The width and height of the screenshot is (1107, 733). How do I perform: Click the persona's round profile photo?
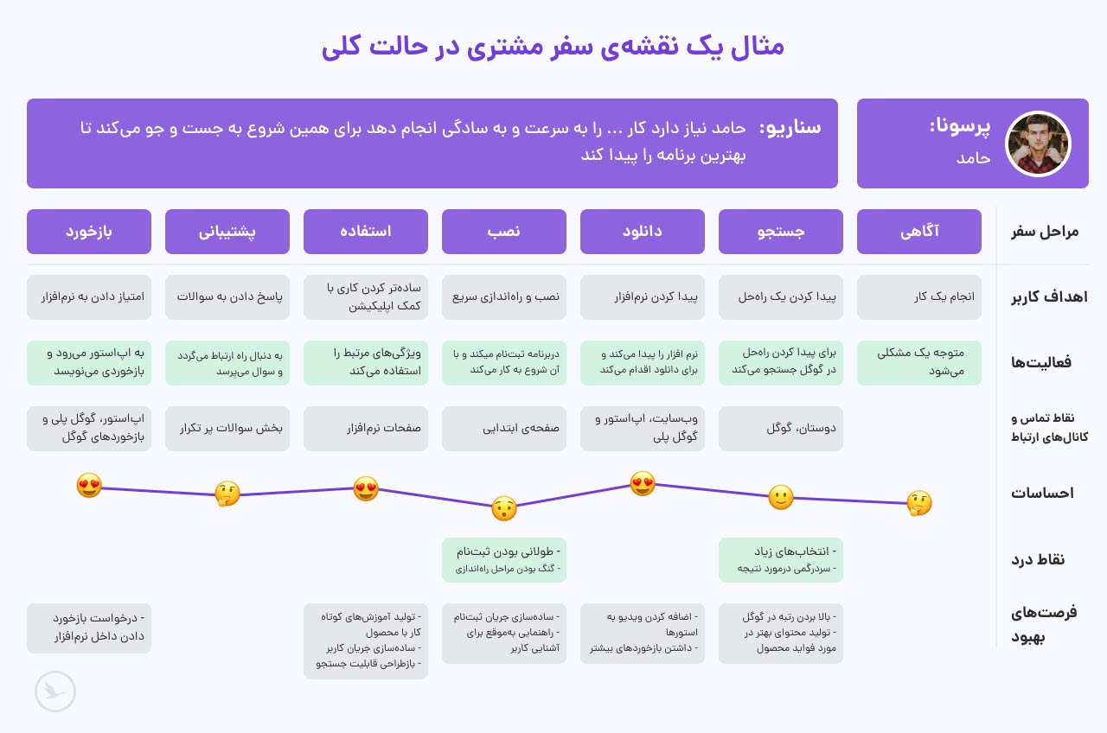pyautogui.click(x=1038, y=143)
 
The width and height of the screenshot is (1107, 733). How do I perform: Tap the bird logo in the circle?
pyautogui.click(x=55, y=692)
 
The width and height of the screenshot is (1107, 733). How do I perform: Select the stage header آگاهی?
pyautogui.click(x=919, y=232)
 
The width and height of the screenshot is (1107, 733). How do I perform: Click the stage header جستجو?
pyautogui.click(x=781, y=232)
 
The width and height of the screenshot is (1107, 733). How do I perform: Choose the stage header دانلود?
pyautogui.click(x=643, y=232)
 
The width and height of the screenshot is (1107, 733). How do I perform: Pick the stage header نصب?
pyautogui.click(x=504, y=232)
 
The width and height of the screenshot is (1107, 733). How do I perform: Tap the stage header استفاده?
pyautogui.click(x=366, y=232)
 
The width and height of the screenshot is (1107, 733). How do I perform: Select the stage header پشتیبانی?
pyautogui.click(x=227, y=232)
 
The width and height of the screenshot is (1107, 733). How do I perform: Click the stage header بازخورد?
pyautogui.click(x=89, y=232)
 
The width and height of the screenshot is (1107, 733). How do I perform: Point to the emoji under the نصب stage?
pyautogui.click(x=504, y=508)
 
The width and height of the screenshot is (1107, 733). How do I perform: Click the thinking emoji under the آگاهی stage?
pyautogui.click(x=919, y=503)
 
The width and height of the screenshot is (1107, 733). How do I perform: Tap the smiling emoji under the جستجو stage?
pyautogui.click(x=781, y=497)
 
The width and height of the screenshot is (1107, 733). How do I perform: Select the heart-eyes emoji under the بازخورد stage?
pyautogui.click(x=89, y=486)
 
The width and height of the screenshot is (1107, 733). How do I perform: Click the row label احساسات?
pyautogui.click(x=1042, y=494)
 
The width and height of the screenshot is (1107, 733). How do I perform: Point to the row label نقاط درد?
pyautogui.click(x=1038, y=559)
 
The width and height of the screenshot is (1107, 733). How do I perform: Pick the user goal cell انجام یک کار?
pyautogui.click(x=919, y=297)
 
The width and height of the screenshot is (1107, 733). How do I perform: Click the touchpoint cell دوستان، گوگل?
pyautogui.click(x=781, y=429)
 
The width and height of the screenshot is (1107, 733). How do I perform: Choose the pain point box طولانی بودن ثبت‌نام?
pyautogui.click(x=504, y=559)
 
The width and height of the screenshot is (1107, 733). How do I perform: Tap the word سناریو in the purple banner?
pyautogui.click(x=790, y=128)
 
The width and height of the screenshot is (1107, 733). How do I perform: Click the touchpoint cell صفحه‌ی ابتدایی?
pyautogui.click(x=504, y=429)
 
